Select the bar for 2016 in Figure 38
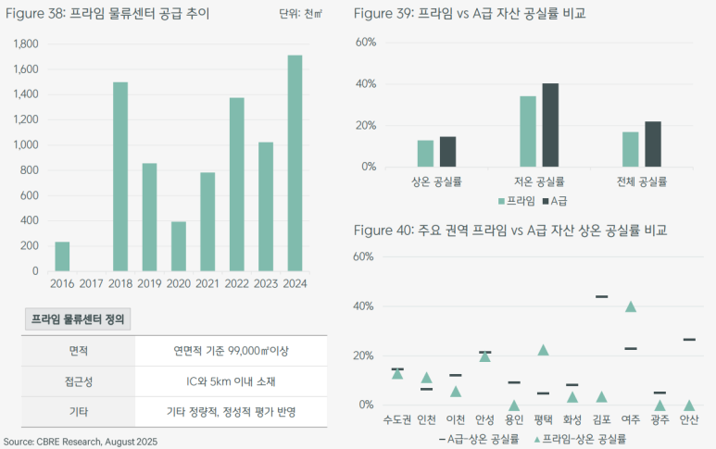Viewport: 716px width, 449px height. tap(62, 256)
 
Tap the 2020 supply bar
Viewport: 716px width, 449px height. tap(179, 246)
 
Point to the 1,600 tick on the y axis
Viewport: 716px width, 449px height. tap(26, 69)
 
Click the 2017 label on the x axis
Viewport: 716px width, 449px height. tap(92, 284)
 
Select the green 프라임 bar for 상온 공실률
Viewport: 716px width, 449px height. tap(425, 154)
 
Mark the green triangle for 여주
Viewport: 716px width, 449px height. tap(631, 306)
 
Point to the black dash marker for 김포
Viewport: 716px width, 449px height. tap(601, 296)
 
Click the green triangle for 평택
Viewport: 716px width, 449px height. tap(544, 350)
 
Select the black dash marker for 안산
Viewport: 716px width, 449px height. tap(688, 340)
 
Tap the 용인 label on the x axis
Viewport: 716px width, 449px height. tap(514, 419)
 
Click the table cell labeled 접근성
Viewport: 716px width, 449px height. tap(78, 380)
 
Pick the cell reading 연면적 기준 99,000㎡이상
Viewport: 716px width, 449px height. tap(232, 351)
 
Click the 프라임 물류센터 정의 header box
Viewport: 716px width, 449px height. tap(79, 319)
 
